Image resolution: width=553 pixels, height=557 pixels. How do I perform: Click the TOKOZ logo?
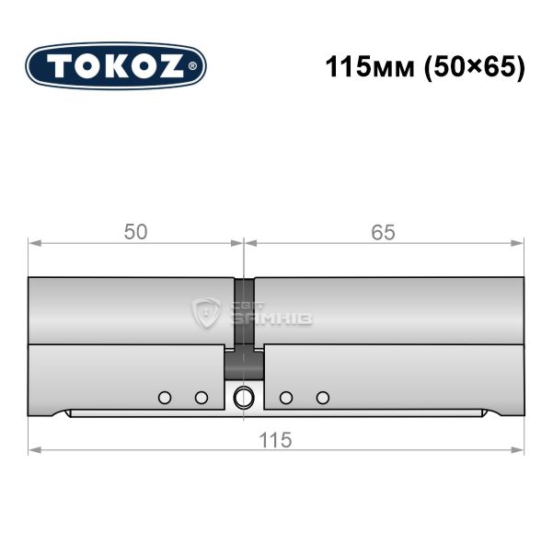(116, 65)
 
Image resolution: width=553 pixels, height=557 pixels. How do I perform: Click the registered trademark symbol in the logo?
(191, 66)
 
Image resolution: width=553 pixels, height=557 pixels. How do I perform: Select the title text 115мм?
(370, 67)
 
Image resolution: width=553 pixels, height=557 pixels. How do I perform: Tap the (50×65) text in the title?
(475, 67)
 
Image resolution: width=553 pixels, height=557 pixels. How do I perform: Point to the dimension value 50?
(135, 232)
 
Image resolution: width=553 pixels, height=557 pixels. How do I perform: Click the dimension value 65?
(383, 233)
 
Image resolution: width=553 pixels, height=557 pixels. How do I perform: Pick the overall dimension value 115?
(275, 440)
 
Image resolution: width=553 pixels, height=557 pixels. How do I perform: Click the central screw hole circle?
(244, 397)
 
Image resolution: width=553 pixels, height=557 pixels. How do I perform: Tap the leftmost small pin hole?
(165, 398)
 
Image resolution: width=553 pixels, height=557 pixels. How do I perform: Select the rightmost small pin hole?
(323, 398)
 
